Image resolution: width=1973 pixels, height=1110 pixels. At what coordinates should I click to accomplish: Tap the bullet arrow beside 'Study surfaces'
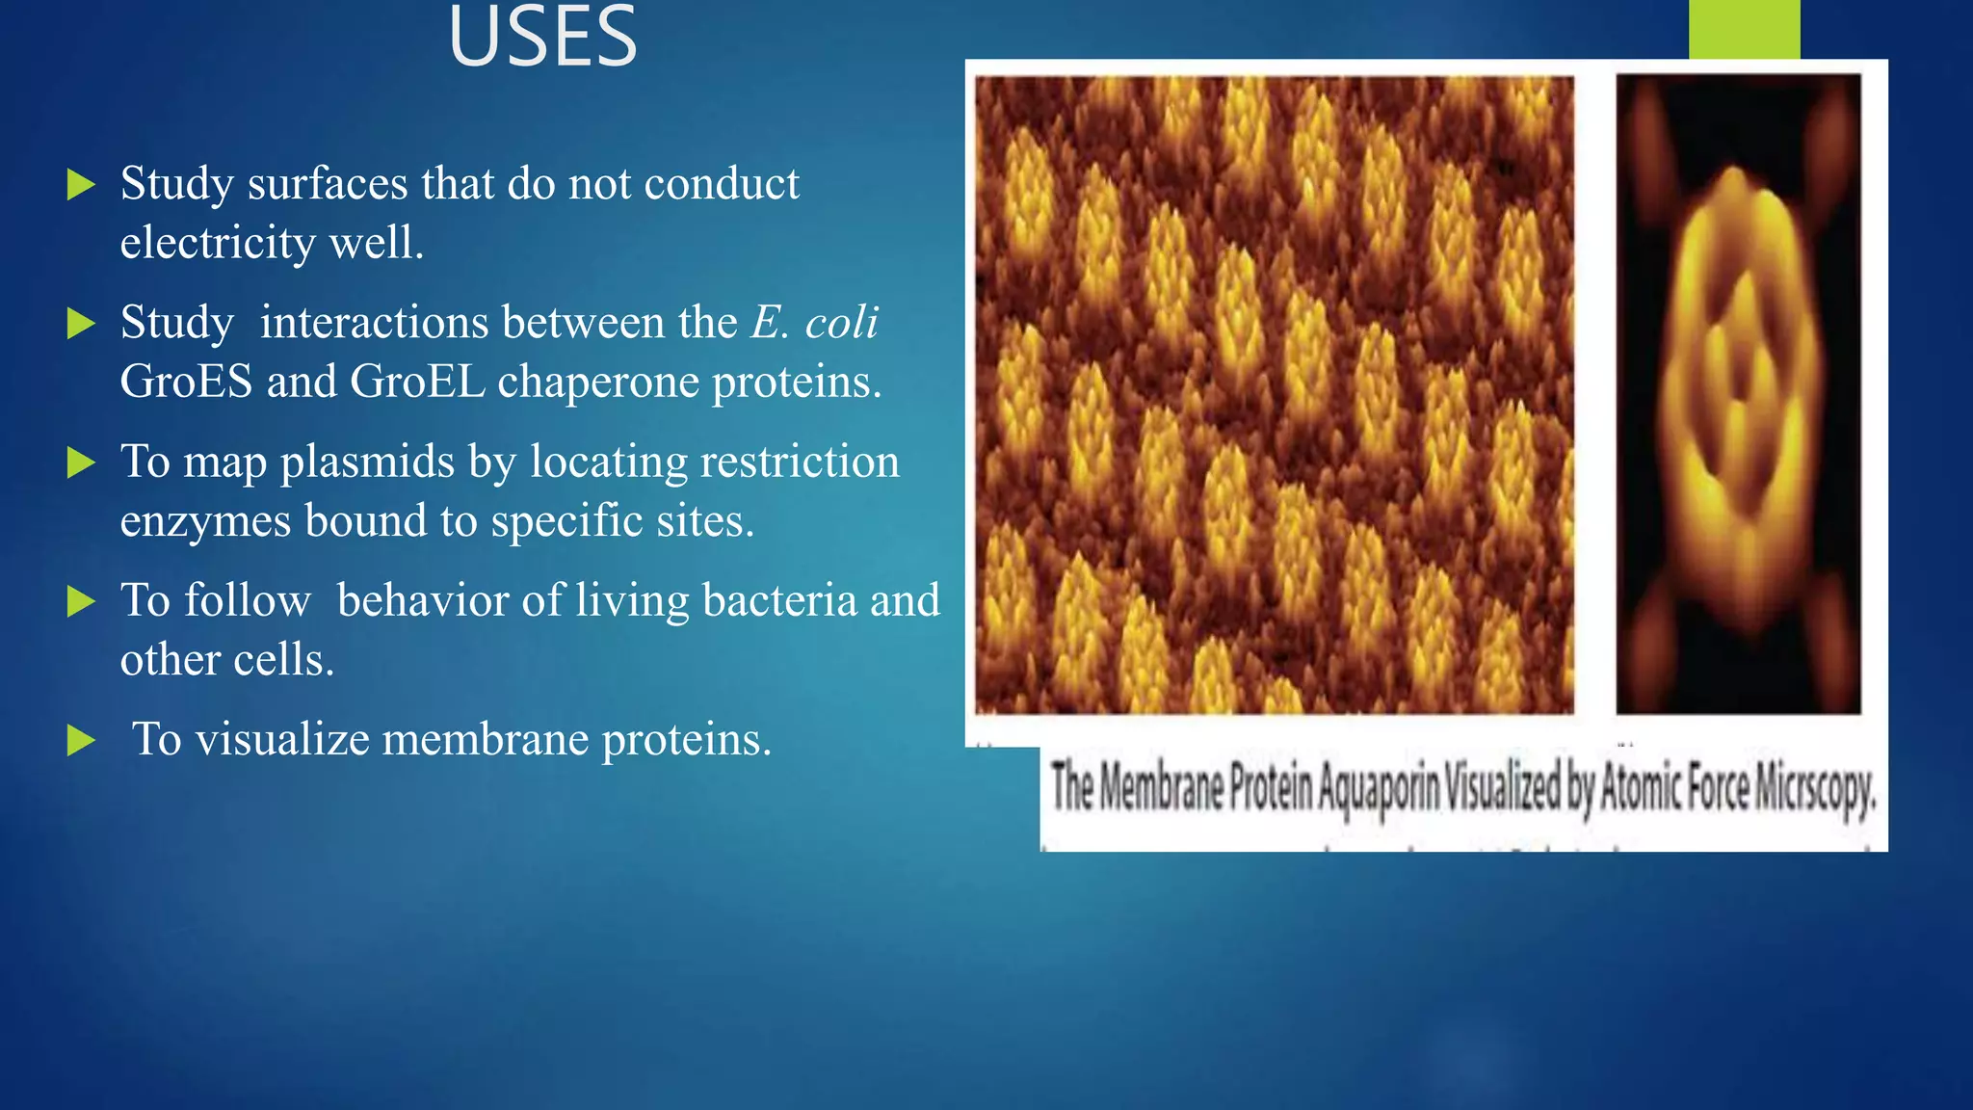point(82,184)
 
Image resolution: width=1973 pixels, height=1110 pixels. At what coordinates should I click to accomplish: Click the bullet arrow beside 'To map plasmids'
point(82,462)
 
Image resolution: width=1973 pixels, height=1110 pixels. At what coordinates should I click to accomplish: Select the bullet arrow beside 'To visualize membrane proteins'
point(82,741)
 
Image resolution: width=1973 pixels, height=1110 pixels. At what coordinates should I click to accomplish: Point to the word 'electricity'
point(217,243)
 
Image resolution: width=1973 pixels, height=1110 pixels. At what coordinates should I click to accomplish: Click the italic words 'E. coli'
point(814,323)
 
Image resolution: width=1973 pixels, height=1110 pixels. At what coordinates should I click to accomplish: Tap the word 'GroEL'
point(417,382)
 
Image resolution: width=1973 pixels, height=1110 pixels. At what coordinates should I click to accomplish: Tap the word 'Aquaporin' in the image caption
point(1378,789)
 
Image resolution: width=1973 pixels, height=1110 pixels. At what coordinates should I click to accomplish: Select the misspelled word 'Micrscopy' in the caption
point(1815,789)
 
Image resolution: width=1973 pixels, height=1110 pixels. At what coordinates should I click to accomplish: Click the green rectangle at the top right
point(1744,29)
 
